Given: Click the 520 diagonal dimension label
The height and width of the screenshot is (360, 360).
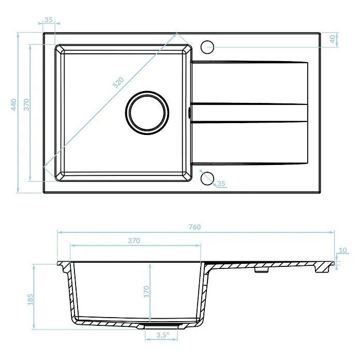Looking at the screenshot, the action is (118, 83).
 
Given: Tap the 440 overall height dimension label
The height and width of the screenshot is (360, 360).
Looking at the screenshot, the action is (14, 104).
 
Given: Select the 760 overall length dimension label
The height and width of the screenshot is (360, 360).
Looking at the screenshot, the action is (194, 227).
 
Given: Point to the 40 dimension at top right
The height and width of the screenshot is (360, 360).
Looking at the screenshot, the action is (332, 39).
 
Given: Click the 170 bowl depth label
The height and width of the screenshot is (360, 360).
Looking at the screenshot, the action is (146, 292).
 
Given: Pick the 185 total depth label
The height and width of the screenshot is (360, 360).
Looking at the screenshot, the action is (31, 299).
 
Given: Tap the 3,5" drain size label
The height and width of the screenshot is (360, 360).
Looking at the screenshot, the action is (162, 335).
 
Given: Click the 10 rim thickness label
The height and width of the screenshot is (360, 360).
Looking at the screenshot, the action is (343, 250).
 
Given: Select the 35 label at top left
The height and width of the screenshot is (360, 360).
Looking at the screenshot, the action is (49, 20).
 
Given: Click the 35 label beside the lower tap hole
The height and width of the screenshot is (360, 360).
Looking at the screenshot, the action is (221, 184).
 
